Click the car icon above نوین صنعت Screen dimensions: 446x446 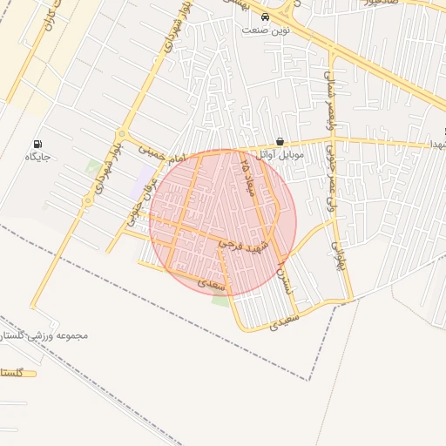pyautogui.click(x=266, y=17)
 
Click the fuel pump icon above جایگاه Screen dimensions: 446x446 pyautogui.click(x=37, y=143)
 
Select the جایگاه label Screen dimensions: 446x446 pyautogui.click(x=37, y=157)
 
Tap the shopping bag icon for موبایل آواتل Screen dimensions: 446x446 pyautogui.click(x=279, y=141)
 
